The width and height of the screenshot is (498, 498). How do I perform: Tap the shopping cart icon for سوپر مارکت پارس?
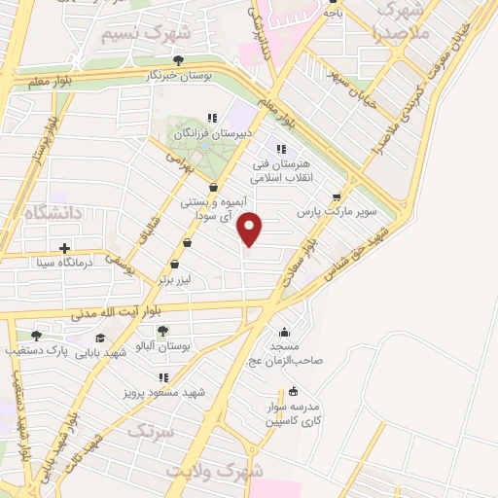[338, 195]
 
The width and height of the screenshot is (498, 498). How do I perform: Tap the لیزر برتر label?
[178, 279]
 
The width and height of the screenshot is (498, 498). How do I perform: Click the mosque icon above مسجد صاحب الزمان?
[284, 332]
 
